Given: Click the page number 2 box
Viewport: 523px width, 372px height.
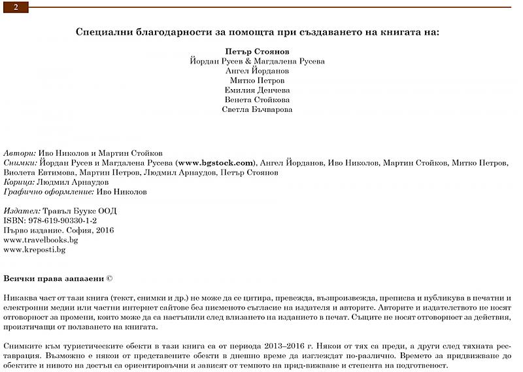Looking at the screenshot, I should (16, 7).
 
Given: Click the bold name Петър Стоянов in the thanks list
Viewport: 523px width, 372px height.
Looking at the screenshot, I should (257, 51).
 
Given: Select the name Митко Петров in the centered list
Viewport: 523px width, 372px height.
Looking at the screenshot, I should (257, 81).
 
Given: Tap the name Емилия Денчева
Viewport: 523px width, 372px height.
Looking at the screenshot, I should (257, 90).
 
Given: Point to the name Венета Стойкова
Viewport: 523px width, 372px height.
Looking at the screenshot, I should (257, 100).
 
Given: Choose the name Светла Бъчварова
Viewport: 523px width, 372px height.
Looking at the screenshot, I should (257, 109).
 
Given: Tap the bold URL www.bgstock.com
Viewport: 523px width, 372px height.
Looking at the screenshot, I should (215, 162).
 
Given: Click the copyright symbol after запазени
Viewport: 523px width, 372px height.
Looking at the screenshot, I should (110, 278).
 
